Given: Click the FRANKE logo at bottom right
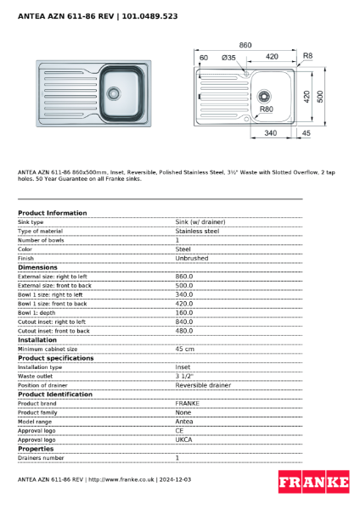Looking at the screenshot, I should [x=313, y=483].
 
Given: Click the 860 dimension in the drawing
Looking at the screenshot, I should [x=246, y=44].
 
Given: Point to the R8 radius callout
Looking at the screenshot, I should [x=307, y=56].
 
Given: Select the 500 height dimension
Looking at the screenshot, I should [x=320, y=97].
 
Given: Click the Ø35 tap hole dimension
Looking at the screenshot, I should [x=228, y=57].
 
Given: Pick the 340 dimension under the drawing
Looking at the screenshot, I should [x=272, y=133].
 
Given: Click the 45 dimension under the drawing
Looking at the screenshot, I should [x=306, y=133].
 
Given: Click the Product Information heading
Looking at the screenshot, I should [x=52, y=213].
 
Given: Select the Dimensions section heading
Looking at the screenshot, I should [x=38, y=267].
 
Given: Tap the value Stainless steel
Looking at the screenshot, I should [x=197, y=231].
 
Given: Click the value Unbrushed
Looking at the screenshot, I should [x=191, y=258].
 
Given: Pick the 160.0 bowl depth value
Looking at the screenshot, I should [x=183, y=312].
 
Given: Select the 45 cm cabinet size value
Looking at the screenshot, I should [x=184, y=349].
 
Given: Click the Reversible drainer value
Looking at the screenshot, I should [x=203, y=385].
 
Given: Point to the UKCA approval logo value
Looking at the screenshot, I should [x=184, y=439].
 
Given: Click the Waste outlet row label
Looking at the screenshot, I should [x=36, y=376].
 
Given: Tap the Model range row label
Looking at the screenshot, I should [x=35, y=422].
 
